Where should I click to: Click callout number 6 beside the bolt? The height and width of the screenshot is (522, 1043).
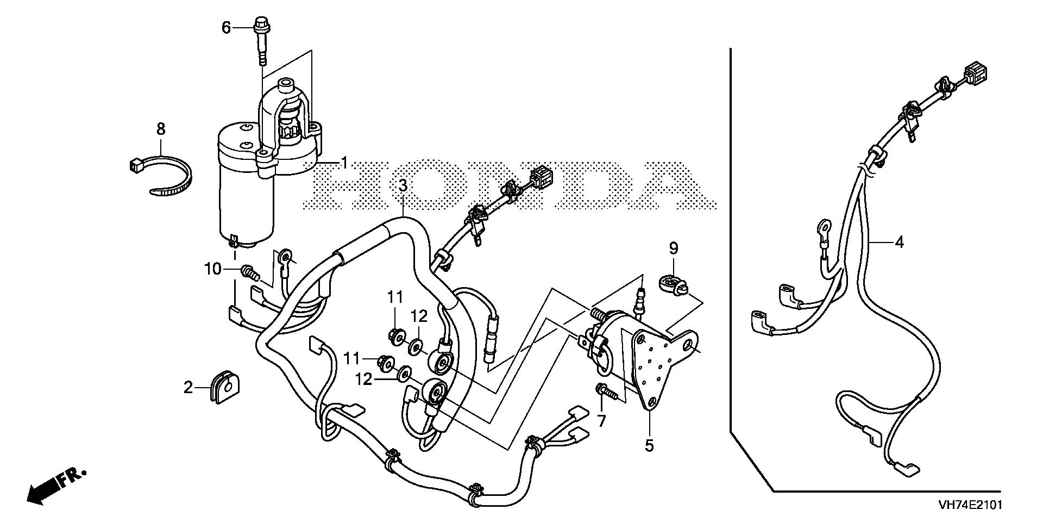227,27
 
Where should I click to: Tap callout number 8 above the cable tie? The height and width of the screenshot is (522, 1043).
161,129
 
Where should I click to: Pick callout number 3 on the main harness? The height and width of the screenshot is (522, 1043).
402,186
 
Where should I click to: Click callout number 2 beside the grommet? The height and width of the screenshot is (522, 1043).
188,388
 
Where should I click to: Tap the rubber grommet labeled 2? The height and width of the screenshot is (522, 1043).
224,387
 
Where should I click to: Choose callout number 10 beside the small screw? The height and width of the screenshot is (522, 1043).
213,269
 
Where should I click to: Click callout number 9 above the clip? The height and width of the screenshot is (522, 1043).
674,249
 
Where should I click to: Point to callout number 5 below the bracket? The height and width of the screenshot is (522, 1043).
650,446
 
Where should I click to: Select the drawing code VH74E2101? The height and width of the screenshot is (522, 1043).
970,505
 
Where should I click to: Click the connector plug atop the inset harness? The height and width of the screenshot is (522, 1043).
976,73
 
